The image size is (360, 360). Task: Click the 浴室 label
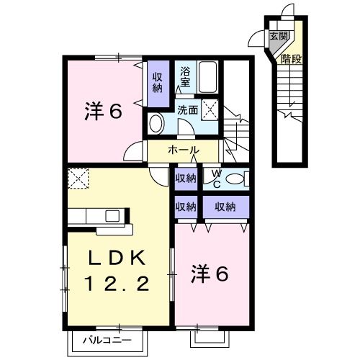(185, 76)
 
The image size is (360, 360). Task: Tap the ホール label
(183, 150)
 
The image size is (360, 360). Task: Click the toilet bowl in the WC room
(233, 177)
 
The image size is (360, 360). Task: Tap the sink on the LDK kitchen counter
(114, 215)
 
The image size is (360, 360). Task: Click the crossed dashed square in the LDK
(77, 178)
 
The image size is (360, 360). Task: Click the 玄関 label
(278, 35)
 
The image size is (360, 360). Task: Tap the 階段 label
(292, 59)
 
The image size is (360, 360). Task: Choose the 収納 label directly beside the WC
(185, 177)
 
